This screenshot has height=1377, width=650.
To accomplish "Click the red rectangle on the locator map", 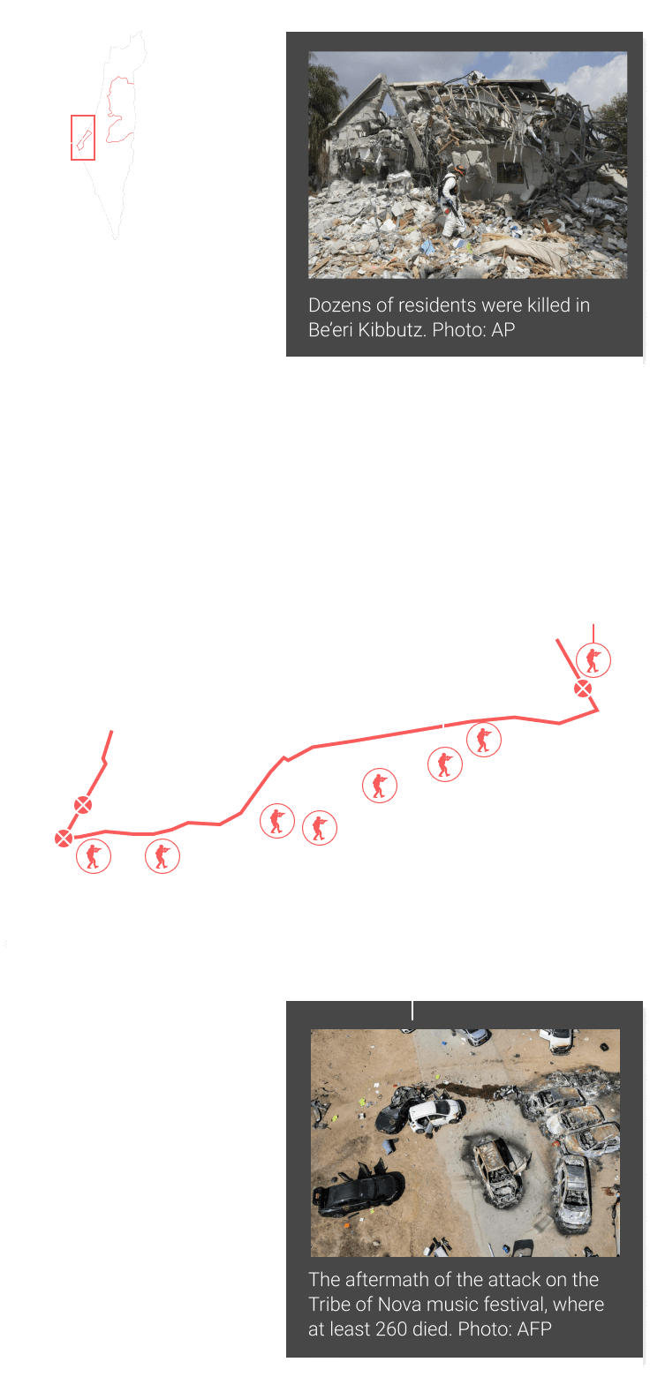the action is coord(72,138).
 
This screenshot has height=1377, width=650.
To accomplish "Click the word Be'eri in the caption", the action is coord(329,330).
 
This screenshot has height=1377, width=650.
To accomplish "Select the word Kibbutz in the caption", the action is coord(392,330).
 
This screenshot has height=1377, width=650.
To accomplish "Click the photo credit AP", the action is coord(503,330).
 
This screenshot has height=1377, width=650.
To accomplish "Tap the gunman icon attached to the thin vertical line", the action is coord(593,660).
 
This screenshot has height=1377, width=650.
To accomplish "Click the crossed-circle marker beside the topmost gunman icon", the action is coord(583,689).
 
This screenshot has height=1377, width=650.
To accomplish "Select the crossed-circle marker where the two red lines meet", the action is coord(64,838).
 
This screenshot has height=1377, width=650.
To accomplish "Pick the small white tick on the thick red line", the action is coord(442,726).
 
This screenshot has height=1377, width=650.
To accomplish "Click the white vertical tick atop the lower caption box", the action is coord(412,1011).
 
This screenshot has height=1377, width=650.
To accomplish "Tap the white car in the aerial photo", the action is coord(436,1113).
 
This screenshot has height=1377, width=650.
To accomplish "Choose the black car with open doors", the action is coord(359,1189).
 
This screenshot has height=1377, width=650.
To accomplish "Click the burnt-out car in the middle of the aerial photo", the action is coord(495,1169).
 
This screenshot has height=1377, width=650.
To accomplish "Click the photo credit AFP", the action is coord(533,1328).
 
